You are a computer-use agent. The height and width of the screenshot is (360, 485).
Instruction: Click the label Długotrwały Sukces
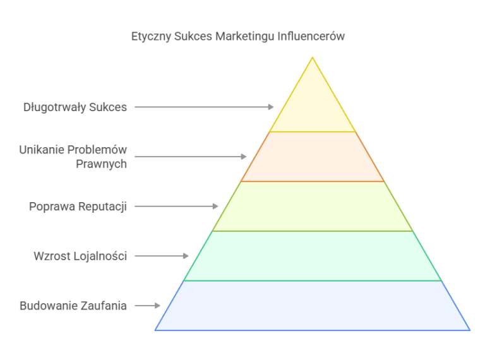[75, 107]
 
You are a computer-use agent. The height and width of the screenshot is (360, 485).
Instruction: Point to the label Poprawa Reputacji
[78, 207]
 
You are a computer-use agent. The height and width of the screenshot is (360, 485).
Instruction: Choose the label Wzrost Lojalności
[80, 256]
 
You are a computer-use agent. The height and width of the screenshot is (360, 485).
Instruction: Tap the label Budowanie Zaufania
[73, 306]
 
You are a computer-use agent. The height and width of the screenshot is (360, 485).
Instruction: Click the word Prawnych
[102, 164]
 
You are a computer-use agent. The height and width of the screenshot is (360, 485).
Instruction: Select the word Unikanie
[42, 150]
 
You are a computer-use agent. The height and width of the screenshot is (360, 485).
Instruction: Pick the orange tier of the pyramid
[313, 157]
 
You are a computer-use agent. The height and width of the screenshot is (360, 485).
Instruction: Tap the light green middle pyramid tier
[313, 207]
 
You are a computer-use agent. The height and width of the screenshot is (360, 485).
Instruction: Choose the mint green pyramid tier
[313, 256]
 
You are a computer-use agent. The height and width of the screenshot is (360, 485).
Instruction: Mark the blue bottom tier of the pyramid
[313, 306]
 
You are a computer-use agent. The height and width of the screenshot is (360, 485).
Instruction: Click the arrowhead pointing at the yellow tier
[271, 107]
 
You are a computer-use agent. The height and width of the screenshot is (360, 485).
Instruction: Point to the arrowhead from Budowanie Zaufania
[157, 306]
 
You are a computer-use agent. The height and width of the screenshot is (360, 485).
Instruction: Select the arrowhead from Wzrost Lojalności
[186, 256]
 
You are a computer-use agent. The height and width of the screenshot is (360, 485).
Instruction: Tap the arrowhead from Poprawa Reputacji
[215, 207]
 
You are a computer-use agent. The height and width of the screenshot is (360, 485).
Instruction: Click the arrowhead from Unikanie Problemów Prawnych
[244, 157]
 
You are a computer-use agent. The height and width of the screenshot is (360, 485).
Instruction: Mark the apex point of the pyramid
[313, 57]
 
